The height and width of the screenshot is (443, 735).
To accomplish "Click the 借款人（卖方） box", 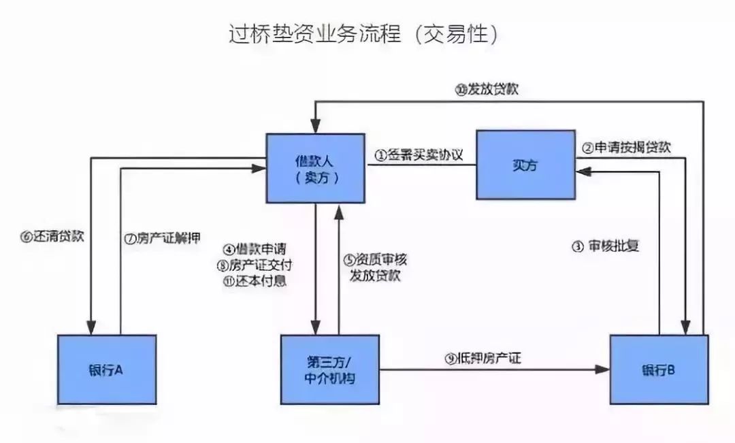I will pyautogui.click(x=316, y=168).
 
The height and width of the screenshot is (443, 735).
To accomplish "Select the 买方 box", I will pyautogui.click(x=524, y=166).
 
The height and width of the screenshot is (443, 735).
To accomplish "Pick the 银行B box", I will pyautogui.click(x=658, y=370).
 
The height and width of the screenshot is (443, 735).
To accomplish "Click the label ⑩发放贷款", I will pyautogui.click(x=488, y=89).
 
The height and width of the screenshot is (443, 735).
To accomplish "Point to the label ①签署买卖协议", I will pyautogui.click(x=418, y=154).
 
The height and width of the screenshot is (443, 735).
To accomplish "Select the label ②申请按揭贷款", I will pyautogui.click(x=627, y=148).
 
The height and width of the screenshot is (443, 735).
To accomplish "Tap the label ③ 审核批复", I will pyautogui.click(x=605, y=246).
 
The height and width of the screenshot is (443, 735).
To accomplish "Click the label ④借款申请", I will pyautogui.click(x=256, y=248).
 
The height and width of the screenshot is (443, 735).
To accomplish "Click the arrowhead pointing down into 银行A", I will pyautogui.click(x=90, y=329).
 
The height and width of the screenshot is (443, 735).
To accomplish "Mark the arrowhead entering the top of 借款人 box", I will pyautogui.click(x=315, y=127).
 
